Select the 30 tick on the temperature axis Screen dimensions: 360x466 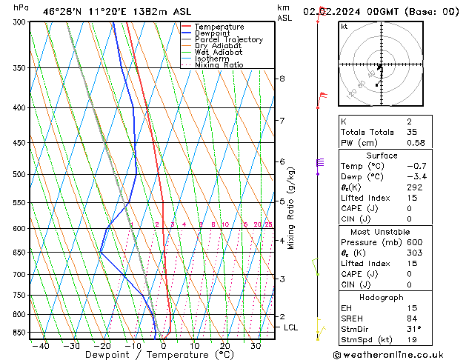(255, 345)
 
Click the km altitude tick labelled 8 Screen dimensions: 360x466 (282, 79)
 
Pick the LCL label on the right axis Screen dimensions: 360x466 (290, 327)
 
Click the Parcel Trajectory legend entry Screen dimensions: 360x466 (228, 40)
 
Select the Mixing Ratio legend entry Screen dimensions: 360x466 (219, 65)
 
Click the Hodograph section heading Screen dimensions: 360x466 (382, 297)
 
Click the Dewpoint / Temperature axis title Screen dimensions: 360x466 (149, 355)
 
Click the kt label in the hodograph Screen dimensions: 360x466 (344, 27)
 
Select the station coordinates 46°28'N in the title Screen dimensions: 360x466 (62, 11)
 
